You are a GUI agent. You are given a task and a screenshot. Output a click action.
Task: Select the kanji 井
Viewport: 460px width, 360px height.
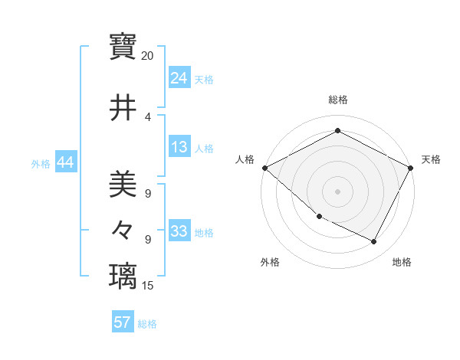pyautogui.click(x=123, y=107)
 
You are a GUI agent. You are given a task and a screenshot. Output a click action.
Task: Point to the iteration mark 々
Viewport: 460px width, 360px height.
pyautogui.click(x=123, y=229)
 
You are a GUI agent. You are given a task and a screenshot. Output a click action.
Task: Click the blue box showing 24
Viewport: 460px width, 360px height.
pyautogui.click(x=179, y=77)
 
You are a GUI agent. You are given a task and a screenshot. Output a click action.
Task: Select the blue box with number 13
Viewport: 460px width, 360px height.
pyautogui.click(x=179, y=147)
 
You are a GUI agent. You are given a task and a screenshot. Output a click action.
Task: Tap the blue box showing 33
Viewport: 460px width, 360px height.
pyautogui.click(x=179, y=231)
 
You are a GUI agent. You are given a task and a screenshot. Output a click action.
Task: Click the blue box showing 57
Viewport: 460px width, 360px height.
pyautogui.click(x=122, y=322)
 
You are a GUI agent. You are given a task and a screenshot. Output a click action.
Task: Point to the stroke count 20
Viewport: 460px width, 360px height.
pyautogui.click(x=148, y=56)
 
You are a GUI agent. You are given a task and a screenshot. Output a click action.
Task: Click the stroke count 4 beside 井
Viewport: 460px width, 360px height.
pyautogui.click(x=148, y=116)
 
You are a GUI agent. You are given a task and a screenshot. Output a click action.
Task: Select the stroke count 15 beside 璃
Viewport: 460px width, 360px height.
pyautogui.click(x=148, y=286)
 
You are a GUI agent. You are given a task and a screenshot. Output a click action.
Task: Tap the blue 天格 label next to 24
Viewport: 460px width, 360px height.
pyautogui.click(x=204, y=79)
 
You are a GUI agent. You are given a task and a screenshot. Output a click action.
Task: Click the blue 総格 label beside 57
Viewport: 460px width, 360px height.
pyautogui.click(x=147, y=324)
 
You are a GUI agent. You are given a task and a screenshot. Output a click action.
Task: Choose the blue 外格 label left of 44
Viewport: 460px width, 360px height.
pyautogui.click(x=41, y=163)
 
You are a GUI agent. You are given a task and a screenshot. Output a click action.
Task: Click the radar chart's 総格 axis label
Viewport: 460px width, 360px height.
pyautogui.click(x=337, y=100)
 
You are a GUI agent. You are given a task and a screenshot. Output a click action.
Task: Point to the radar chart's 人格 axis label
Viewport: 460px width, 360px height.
pyautogui.click(x=245, y=159)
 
